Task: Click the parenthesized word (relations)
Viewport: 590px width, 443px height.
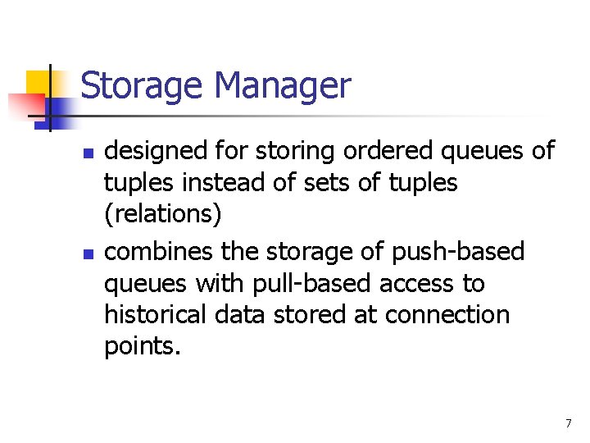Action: point(163,214)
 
